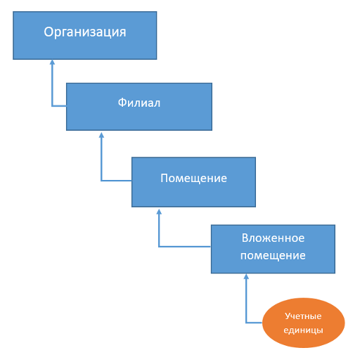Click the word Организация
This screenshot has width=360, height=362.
(x=85, y=32)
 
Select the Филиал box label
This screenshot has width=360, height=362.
(x=139, y=103)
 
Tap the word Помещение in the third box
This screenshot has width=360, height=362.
(x=193, y=178)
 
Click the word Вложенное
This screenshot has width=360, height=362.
(x=273, y=238)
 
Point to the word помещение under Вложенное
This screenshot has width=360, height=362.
(x=273, y=256)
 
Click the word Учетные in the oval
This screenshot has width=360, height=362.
(x=303, y=316)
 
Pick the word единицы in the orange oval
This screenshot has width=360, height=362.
(x=303, y=330)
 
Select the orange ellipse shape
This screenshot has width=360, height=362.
(x=303, y=323)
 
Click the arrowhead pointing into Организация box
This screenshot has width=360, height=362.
(x=52, y=62)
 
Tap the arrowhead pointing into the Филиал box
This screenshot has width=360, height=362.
(x=101, y=135)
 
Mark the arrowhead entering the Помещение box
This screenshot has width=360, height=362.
(x=159, y=212)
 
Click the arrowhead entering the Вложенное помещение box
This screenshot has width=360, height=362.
(x=246, y=276)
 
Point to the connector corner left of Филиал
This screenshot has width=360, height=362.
(x=52, y=106)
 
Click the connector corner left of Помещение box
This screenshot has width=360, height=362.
(x=101, y=181)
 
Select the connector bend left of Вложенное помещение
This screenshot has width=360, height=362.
(x=159, y=247)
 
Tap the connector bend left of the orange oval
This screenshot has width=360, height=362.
(x=246, y=323)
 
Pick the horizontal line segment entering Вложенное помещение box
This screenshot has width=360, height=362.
(x=185, y=247)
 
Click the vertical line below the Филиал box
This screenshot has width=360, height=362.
(x=101, y=157)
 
